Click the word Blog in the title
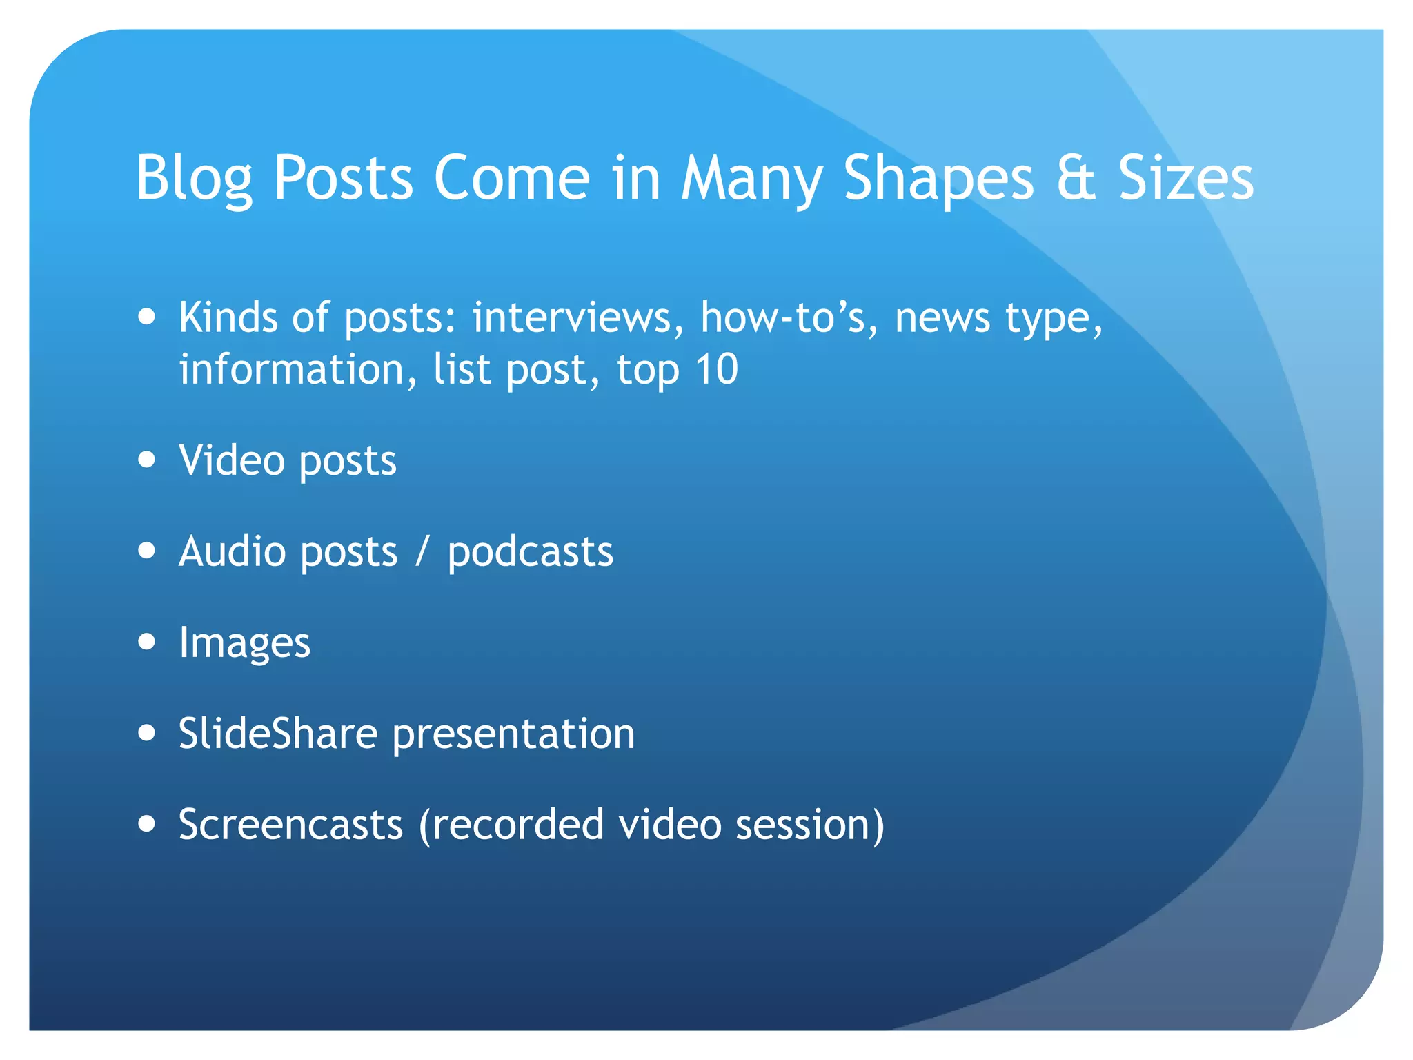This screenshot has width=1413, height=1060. point(194,179)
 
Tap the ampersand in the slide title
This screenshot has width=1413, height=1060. point(1076,179)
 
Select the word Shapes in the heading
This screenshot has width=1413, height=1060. point(938,179)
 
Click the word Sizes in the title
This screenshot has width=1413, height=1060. point(1185,179)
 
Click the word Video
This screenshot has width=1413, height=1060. point(232,460)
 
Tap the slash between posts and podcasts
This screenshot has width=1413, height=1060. point(422,551)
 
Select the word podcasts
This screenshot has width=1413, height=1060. point(530,553)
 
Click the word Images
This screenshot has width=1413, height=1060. point(244,643)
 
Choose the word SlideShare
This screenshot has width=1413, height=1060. point(278,733)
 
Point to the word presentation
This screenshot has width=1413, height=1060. point(513,734)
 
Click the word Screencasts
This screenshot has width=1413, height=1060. point(290,824)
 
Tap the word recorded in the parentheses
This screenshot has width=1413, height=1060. point(519,824)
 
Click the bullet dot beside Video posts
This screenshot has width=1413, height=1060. point(146,460)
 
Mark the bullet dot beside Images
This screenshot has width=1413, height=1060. point(146,642)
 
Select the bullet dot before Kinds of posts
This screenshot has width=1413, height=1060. point(146,317)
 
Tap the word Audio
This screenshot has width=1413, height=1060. point(232,551)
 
